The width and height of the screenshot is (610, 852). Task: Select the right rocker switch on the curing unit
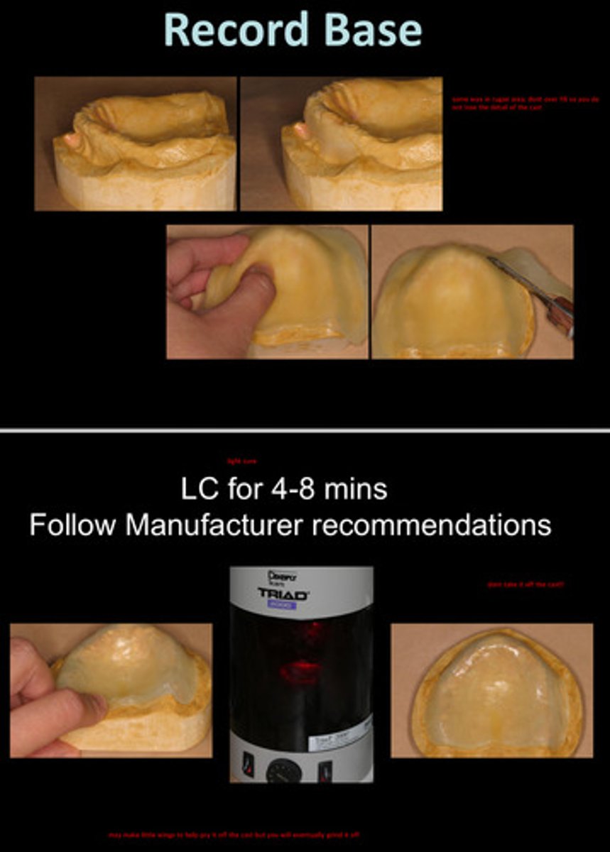click(325, 769)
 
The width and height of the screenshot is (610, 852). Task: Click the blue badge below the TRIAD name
click(282, 606)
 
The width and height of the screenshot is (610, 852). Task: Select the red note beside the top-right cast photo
click(525, 103)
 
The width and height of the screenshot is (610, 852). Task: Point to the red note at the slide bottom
click(234, 835)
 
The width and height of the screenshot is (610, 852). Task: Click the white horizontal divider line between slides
click(305, 430)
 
